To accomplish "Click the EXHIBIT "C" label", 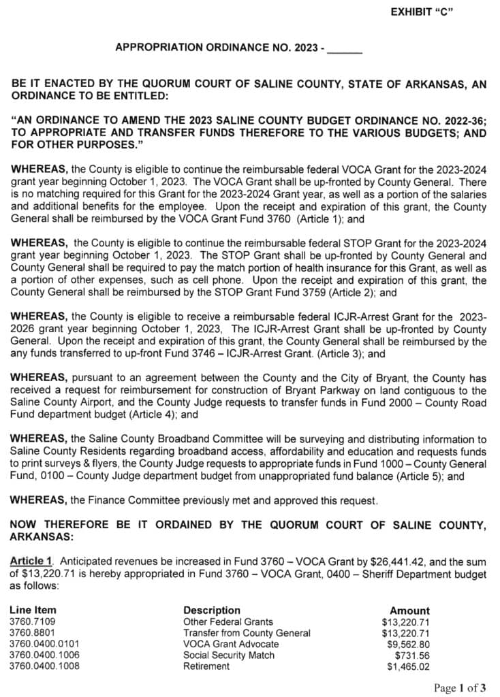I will tap(422, 12).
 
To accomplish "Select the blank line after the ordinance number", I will tap(345, 49).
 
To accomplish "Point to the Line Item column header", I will tap(33, 610).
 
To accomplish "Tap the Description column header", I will tap(212, 610).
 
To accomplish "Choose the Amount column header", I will tap(409, 611).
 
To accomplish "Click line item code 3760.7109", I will tap(33, 621).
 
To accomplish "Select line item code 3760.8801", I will tap(33, 632).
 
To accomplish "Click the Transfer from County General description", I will tap(247, 632).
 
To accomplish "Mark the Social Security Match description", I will tap(229, 655).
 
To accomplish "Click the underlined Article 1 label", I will tap(31, 560).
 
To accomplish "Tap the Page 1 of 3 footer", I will tap(460, 687).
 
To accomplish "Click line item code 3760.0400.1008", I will tap(44, 666).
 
